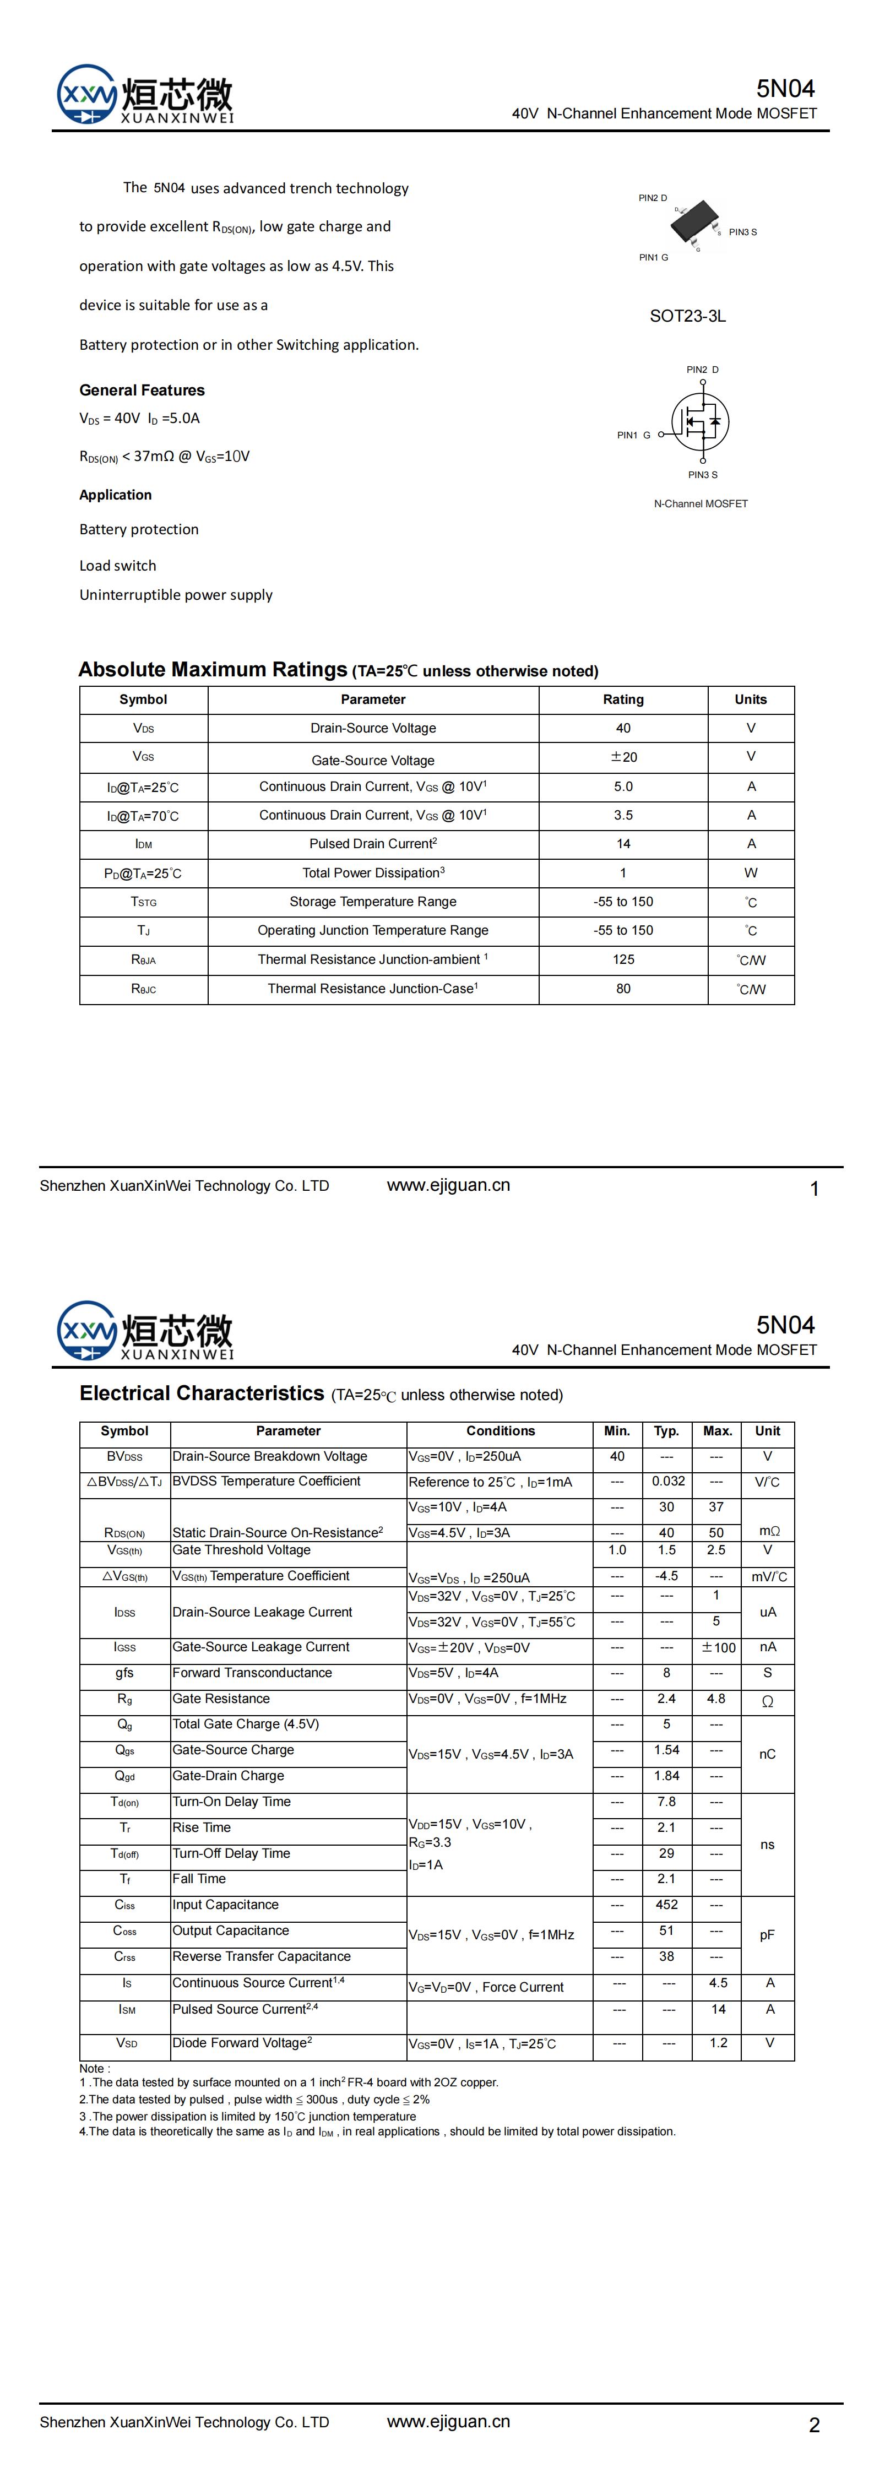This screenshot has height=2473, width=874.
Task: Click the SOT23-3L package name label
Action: point(688,316)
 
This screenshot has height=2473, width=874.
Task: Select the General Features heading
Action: point(142,391)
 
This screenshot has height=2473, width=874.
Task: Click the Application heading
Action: point(115,495)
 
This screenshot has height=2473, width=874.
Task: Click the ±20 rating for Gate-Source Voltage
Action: point(623,757)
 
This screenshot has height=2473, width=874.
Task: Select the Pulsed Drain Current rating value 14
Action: point(623,844)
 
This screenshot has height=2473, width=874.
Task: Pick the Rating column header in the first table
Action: point(623,700)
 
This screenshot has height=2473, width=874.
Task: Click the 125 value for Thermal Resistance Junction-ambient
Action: point(623,959)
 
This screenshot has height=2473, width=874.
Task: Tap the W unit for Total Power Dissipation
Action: point(751,872)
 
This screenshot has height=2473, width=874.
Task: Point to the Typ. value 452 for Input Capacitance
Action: point(666,1905)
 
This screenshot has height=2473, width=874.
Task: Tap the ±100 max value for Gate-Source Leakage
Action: point(718,1647)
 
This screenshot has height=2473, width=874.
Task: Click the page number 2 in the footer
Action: point(815,2425)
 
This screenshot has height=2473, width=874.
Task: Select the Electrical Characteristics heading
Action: point(202,1394)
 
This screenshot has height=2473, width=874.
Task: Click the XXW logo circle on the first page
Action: point(86,94)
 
